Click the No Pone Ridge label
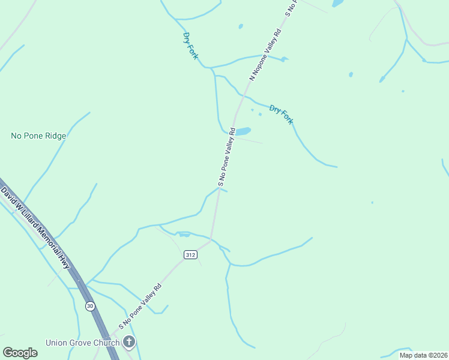point(38,136)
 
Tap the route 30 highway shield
point(89,306)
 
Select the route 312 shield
point(190,255)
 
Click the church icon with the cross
point(128,343)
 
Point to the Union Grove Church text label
point(82,343)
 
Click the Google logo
point(20,352)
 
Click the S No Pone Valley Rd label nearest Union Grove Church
point(141,305)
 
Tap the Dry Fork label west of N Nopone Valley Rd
point(191,46)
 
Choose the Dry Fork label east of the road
point(281,114)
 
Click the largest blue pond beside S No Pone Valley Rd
point(243,131)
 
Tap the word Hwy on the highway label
point(63,262)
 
